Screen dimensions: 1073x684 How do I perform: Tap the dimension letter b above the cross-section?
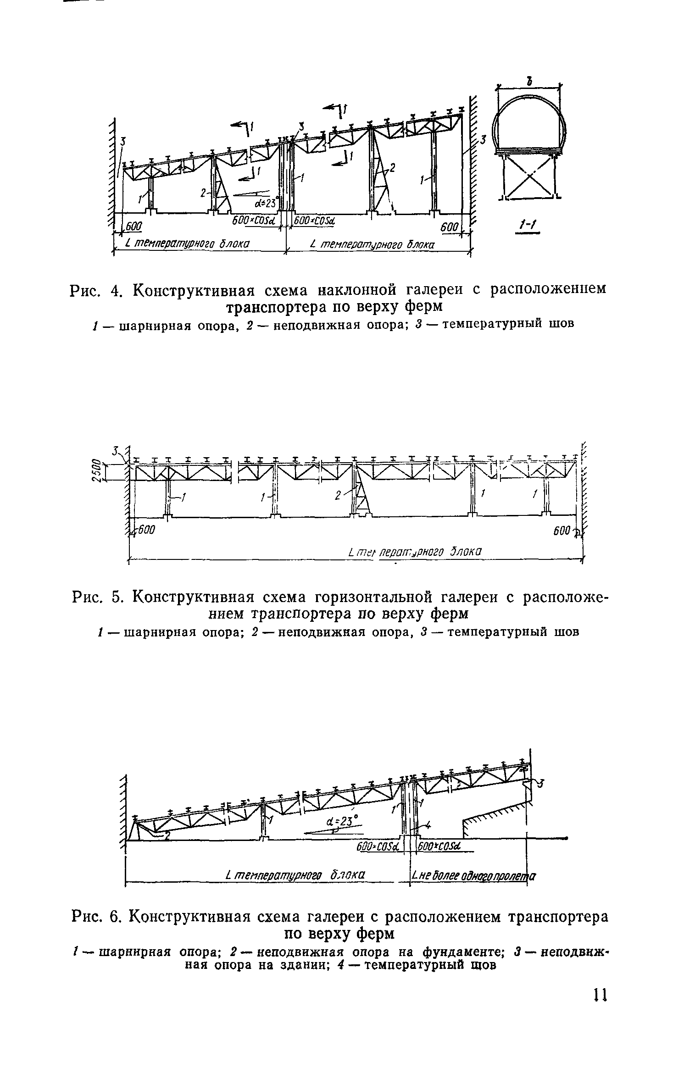[529, 82]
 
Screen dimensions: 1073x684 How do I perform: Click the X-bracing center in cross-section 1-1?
[528, 177]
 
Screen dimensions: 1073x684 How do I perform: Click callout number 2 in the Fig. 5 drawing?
[338, 495]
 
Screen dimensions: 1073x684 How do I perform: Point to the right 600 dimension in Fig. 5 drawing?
[562, 531]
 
